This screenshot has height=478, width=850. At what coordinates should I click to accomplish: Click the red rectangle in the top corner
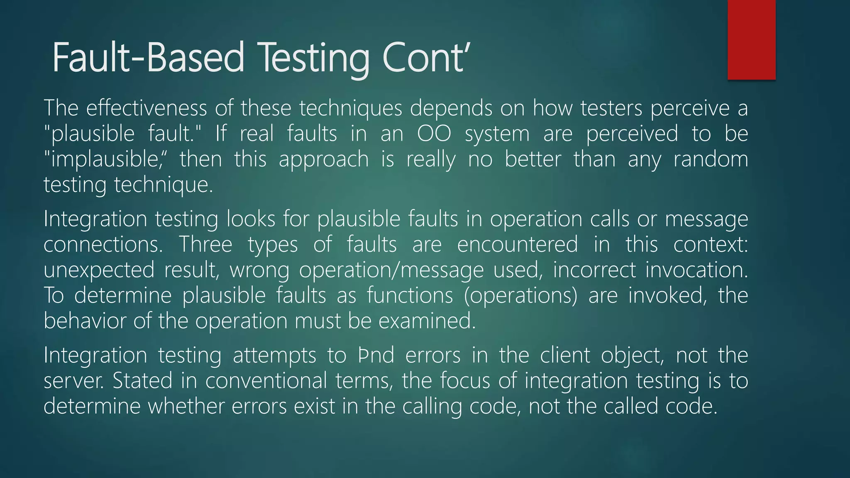coord(751,39)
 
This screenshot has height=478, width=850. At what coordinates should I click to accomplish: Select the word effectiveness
coord(146,108)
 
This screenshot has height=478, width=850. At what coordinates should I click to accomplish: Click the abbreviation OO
coord(434,134)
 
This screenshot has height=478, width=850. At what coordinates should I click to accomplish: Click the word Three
coord(205,244)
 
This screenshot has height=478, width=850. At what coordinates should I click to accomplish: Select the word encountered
coord(517,244)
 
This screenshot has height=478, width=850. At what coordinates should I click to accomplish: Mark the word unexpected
coord(99,270)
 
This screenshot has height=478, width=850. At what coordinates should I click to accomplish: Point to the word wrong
coord(259,270)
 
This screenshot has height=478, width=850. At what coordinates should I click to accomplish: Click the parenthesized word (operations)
coord(520,296)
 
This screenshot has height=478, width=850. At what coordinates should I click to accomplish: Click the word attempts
coord(274,356)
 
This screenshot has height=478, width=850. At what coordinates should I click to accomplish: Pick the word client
coord(564,355)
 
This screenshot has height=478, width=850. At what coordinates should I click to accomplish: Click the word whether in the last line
coord(186,406)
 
